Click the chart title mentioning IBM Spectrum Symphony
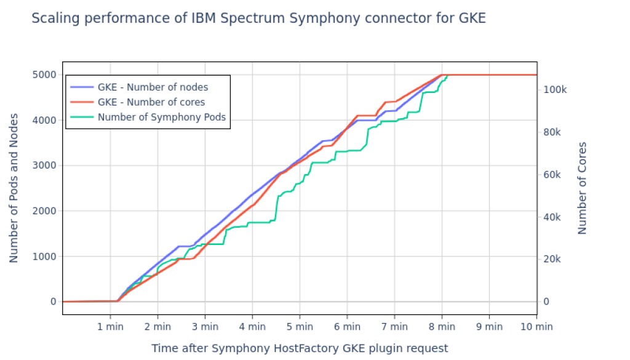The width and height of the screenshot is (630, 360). pos(258,18)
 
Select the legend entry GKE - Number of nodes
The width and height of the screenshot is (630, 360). pos(153,87)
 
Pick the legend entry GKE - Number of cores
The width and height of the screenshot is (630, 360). pos(151,102)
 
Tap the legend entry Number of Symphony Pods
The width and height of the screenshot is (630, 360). pos(161,117)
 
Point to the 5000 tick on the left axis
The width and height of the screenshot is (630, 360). pos(44,75)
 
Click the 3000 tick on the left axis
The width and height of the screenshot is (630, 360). pos(44,166)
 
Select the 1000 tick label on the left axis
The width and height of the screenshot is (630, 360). pos(44,257)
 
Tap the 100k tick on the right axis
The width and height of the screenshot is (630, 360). pos(556,90)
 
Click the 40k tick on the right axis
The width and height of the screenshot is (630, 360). pos(553,217)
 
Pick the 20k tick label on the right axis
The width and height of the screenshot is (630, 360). pos(553,260)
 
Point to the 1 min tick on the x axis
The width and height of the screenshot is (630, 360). pos(110,327)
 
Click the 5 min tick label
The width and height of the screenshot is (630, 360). pos(300,327)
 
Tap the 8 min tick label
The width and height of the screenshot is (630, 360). pos(442,327)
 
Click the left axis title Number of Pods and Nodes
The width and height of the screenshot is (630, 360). pos(14,188)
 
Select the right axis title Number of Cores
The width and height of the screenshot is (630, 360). pos(582,188)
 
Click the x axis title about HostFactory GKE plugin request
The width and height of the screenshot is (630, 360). pos(300,348)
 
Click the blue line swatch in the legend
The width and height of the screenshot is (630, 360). pos(81,87)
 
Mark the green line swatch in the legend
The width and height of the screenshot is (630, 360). pos(81,117)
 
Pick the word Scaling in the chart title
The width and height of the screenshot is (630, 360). pos(54,18)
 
